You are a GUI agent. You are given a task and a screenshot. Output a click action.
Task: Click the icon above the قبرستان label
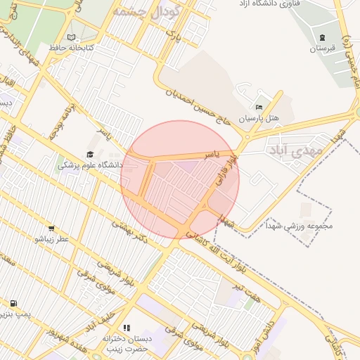pyautogui.click(x=322, y=37)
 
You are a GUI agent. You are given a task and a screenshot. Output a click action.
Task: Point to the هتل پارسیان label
pyautogui.click(x=259, y=119)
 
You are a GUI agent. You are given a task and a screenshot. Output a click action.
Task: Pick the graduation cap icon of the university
pyautogui.click(x=90, y=155)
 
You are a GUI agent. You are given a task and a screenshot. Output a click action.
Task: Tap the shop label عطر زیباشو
pyautogui.click(x=53, y=239)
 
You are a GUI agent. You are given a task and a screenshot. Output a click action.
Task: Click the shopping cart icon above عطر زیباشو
pyautogui.click(x=51, y=228)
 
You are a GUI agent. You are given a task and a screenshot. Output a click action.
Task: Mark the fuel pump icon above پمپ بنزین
pyautogui.click(x=13, y=303)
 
